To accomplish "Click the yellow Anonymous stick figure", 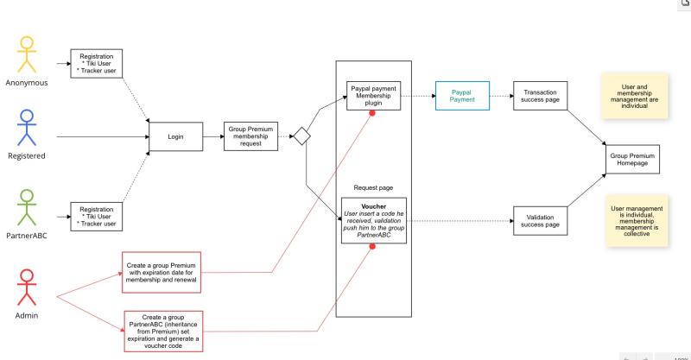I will click(x=26, y=55).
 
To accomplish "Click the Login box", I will click(x=175, y=136).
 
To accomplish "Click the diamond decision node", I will click(x=302, y=136).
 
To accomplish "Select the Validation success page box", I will click(x=541, y=220).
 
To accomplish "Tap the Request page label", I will click(x=373, y=187).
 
